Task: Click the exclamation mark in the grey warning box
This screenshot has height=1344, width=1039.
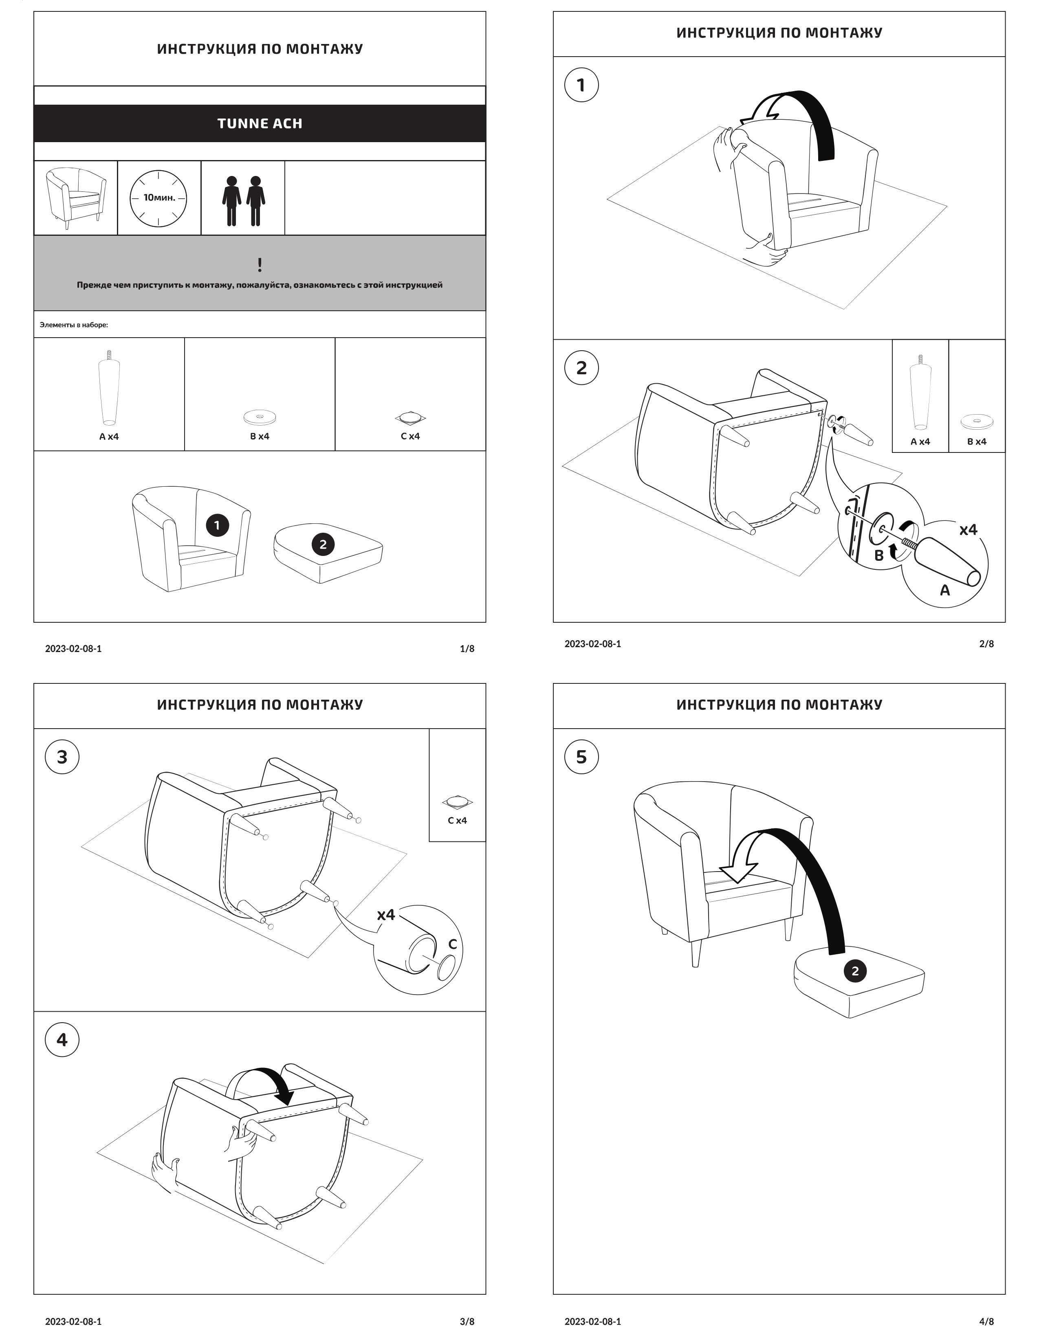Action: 260,265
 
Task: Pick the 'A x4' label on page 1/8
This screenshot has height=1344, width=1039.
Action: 109,436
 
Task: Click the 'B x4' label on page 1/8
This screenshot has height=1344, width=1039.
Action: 260,436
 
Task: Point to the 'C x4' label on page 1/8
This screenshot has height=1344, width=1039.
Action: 410,436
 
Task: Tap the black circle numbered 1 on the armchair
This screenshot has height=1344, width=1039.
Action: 217,525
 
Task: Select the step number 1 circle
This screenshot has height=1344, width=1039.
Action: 581,85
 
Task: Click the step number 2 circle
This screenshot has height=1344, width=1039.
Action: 581,368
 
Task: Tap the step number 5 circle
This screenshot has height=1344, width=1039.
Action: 581,757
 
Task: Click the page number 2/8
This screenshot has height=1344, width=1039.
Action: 986,643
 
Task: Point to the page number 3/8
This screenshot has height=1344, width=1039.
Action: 467,1321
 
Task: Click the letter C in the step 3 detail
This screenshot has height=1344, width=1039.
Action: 452,944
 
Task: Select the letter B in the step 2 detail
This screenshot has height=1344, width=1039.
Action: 879,555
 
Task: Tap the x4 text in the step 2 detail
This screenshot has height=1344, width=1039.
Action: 968,529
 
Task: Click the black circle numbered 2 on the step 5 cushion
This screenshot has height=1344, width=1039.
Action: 854,971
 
